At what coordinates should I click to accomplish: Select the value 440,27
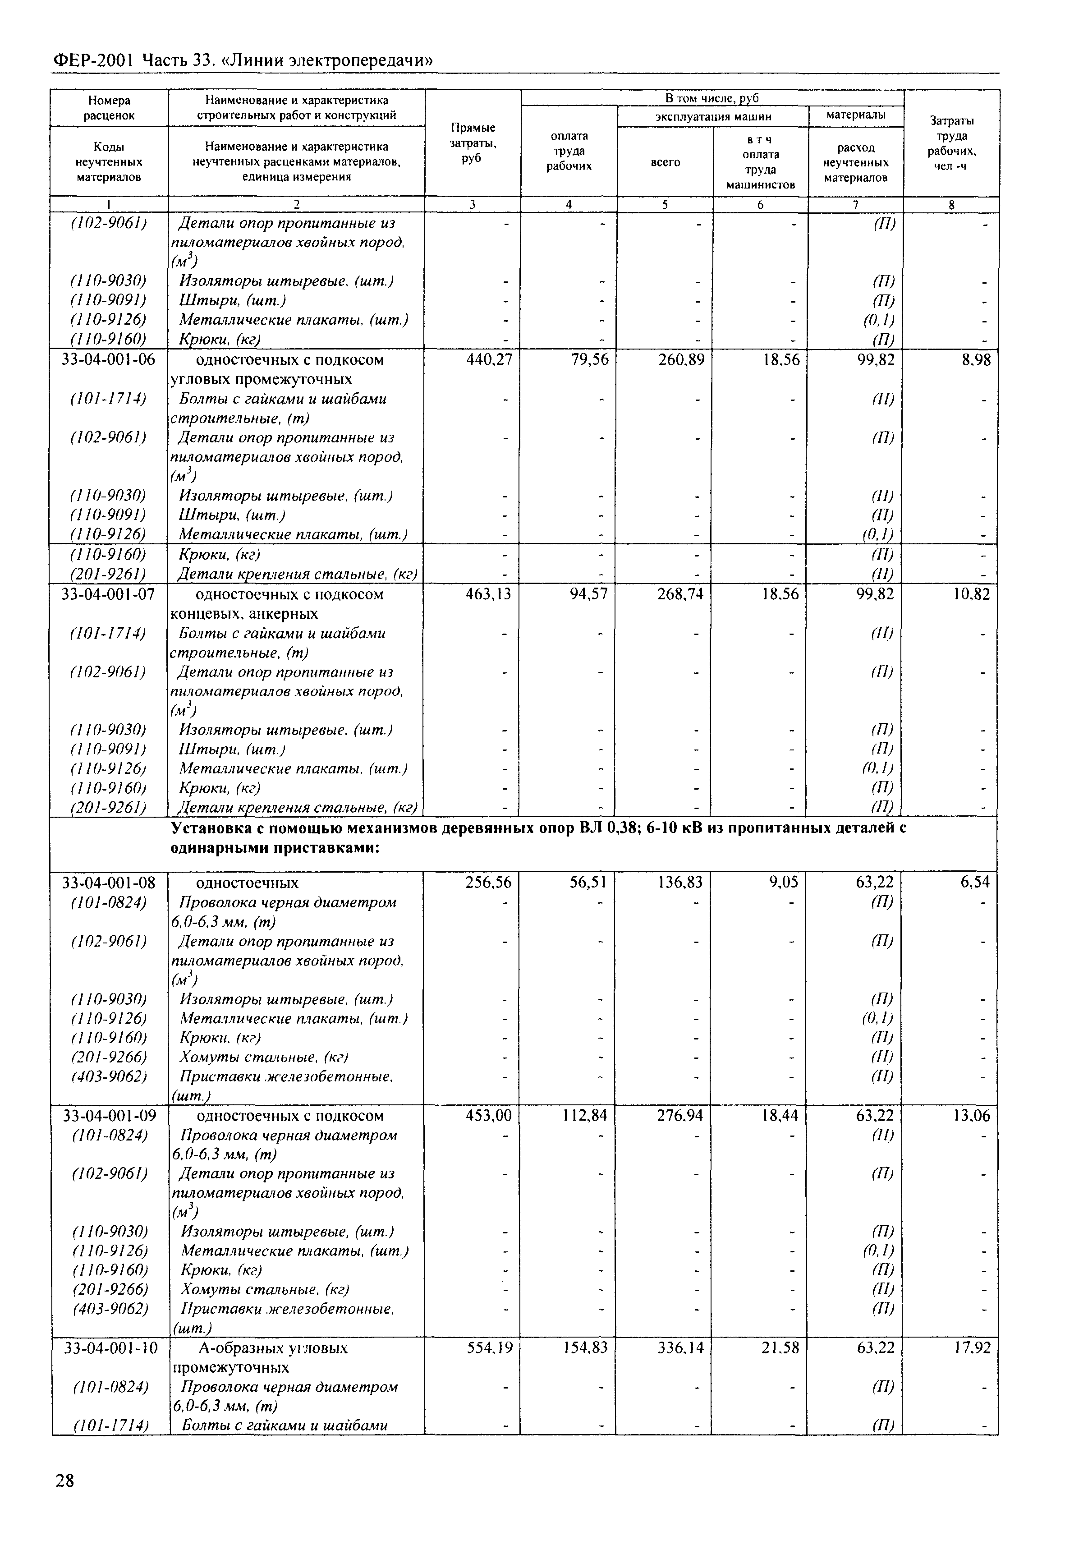tap(489, 360)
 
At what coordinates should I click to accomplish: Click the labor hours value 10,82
tap(972, 594)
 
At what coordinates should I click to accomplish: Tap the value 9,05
tap(783, 883)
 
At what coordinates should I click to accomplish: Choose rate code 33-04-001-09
tap(110, 1116)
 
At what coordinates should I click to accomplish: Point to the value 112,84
tap(584, 1116)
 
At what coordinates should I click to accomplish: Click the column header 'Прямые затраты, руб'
tap(473, 142)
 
